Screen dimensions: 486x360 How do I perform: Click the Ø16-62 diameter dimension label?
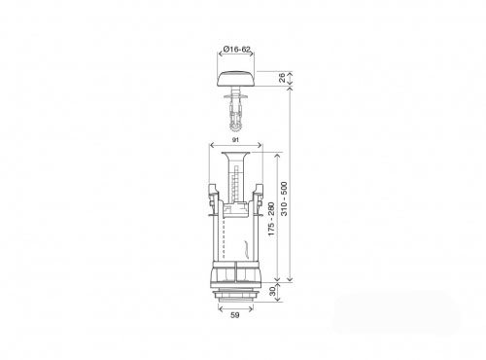click(237, 50)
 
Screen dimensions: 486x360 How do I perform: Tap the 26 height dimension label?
click(282, 78)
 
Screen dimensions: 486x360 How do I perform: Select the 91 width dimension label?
click(235, 140)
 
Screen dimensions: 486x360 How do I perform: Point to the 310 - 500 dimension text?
click(284, 198)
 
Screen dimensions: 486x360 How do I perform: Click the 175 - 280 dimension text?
click(271, 219)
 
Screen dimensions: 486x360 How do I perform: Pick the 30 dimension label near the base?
click(272, 291)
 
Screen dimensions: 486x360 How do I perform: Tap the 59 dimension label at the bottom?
click(235, 315)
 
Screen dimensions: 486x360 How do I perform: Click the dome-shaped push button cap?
click(236, 79)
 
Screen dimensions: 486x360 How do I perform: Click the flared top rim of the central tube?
click(235, 154)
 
